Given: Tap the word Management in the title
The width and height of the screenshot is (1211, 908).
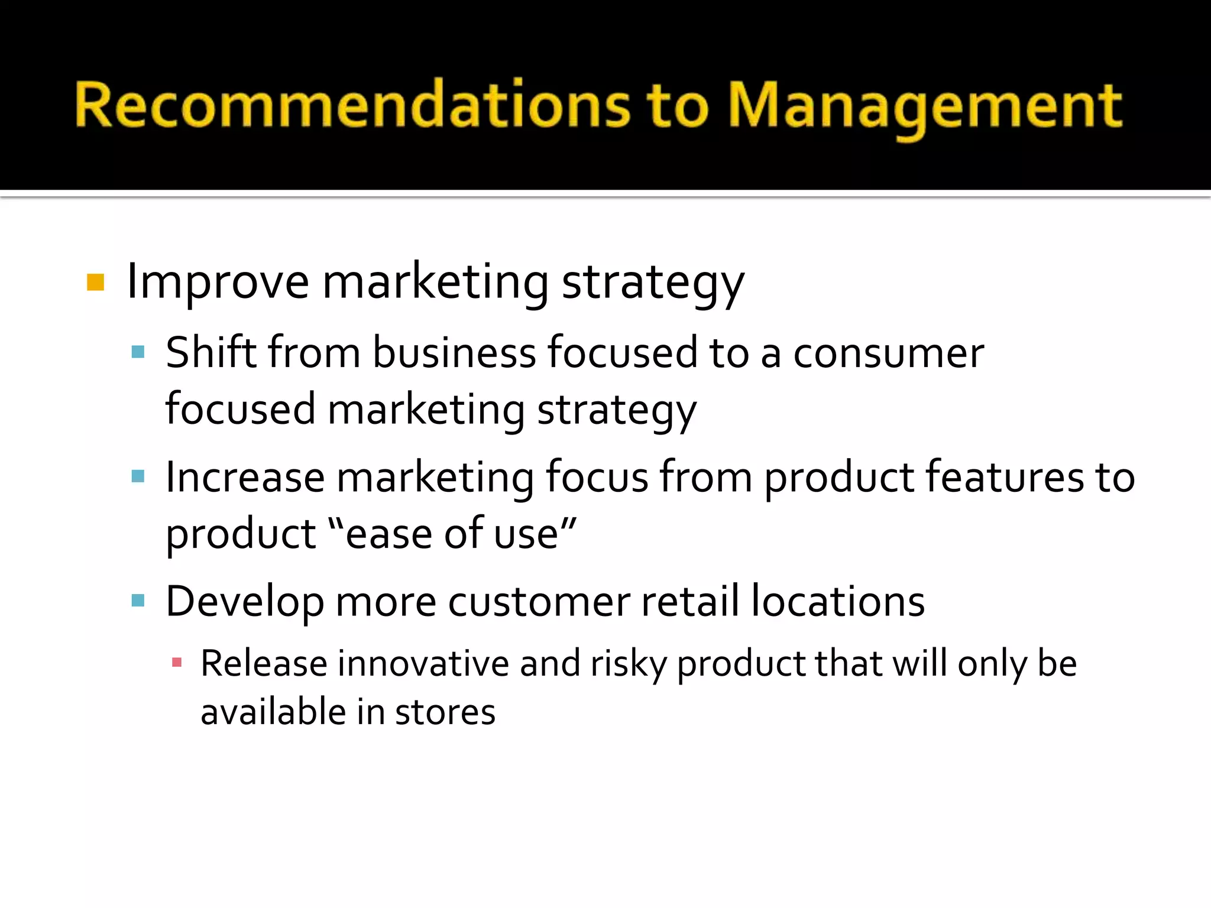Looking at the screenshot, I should click(x=925, y=106).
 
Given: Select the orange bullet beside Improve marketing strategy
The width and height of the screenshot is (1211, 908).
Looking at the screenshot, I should click(x=95, y=283).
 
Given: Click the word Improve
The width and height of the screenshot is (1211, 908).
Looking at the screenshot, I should click(x=218, y=283).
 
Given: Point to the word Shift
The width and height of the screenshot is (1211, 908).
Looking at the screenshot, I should click(x=211, y=353).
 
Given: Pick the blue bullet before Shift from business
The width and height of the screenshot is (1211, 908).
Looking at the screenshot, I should click(x=138, y=353).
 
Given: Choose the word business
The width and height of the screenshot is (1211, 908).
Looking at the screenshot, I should click(x=454, y=353).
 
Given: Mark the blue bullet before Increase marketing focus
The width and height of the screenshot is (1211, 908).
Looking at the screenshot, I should click(x=138, y=476).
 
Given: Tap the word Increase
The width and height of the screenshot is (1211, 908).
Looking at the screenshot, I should click(x=245, y=477).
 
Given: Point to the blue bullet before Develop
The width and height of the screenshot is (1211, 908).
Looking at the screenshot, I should click(x=138, y=601).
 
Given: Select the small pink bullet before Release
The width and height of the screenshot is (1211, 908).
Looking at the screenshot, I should click(x=176, y=663).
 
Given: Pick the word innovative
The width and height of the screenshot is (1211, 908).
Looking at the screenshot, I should click(x=423, y=663).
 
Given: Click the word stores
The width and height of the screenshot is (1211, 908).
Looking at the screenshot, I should click(x=445, y=712).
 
